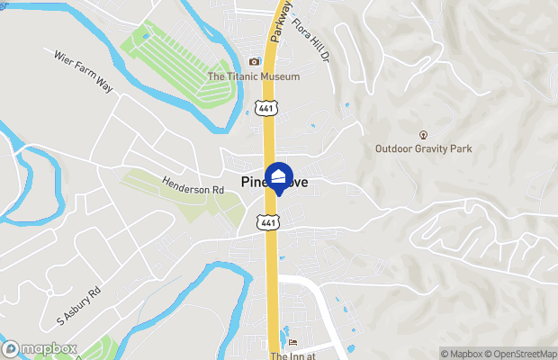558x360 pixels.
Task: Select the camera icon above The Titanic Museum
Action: click(254, 61)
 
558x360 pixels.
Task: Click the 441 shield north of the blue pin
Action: click(265, 108)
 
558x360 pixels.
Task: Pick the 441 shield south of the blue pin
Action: click(268, 220)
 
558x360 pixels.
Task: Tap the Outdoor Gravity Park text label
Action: click(424, 148)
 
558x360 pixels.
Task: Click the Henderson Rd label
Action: click(192, 190)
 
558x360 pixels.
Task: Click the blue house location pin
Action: click(279, 175)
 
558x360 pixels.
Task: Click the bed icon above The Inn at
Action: click(292, 342)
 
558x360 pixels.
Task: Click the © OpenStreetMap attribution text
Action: click(523, 353)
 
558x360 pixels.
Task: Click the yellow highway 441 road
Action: click(270, 144)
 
